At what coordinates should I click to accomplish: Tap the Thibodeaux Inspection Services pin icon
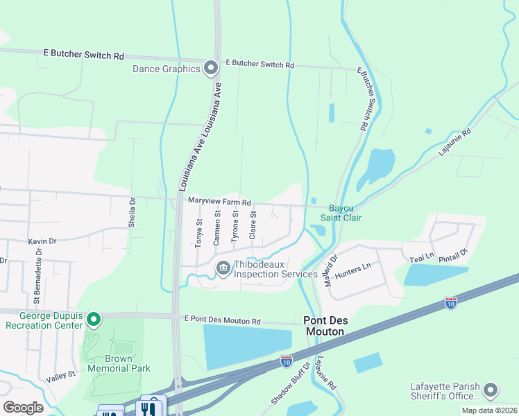click(223, 268)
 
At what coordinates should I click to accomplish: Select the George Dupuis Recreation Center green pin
click(96, 319)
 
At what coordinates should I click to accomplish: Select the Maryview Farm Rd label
click(219, 200)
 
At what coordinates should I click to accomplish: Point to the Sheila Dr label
click(132, 209)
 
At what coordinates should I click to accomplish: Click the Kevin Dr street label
click(41, 241)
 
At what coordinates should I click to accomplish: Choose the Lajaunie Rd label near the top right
click(455, 141)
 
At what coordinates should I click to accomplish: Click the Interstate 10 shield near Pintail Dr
click(450, 303)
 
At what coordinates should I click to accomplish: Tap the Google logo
click(23, 408)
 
